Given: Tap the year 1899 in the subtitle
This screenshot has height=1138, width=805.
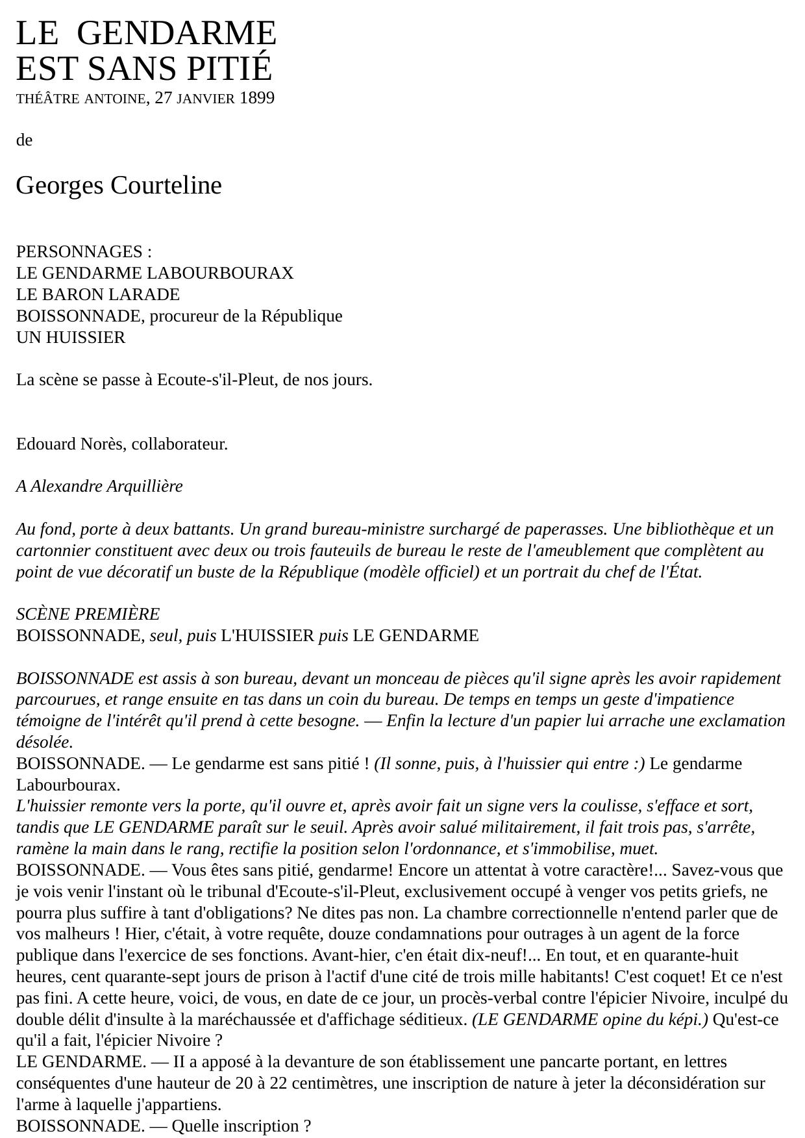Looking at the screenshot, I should click(x=256, y=98).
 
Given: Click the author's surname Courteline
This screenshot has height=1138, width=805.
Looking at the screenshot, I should click(x=166, y=186).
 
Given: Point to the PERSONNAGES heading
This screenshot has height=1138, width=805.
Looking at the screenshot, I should click(x=79, y=252).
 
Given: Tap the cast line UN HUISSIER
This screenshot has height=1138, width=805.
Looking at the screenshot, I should click(x=71, y=338).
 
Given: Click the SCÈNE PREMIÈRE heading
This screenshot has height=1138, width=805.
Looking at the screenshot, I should click(x=88, y=614).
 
